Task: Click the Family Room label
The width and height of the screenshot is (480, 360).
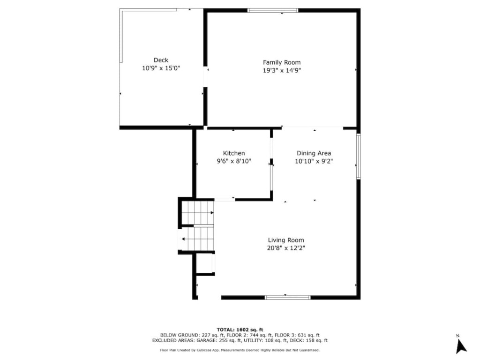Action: [282, 62]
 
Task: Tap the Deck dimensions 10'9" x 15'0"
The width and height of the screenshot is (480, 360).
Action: [161, 68]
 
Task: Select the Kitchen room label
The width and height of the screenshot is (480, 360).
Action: [234, 153]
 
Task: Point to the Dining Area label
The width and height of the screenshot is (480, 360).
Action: [314, 153]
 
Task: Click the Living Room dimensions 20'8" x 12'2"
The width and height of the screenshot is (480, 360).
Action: [286, 248]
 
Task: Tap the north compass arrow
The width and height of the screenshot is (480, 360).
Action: [461, 346]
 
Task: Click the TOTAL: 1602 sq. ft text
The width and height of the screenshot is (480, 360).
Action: [240, 330]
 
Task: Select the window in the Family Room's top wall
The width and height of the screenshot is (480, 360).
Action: [273, 10]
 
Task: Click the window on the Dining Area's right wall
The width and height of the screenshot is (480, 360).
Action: [359, 156]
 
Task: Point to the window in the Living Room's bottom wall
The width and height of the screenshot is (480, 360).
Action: [287, 297]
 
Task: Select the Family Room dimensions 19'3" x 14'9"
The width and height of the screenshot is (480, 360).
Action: [282, 70]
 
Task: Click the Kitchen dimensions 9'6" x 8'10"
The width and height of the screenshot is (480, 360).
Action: [234, 161]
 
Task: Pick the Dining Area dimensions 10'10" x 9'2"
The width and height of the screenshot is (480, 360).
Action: [314, 161]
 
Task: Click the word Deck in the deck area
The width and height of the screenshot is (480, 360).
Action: [161, 60]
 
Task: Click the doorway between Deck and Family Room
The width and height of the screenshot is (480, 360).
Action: [205, 76]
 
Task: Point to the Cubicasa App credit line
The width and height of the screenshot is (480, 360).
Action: [240, 350]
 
